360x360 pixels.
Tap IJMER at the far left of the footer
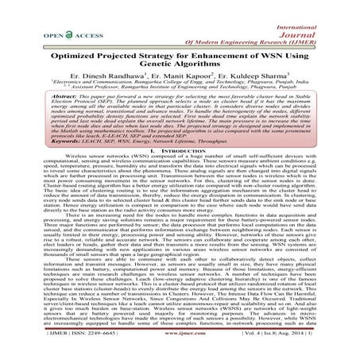pos(32,350)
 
